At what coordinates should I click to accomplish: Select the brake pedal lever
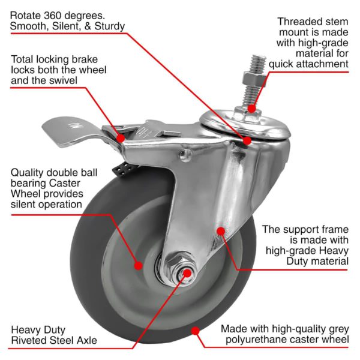(60, 129)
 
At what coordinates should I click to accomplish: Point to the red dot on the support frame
(221, 231)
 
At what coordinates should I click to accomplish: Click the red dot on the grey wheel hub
(139, 265)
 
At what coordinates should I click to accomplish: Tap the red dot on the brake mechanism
(121, 138)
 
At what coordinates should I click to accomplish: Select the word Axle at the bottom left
(85, 341)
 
